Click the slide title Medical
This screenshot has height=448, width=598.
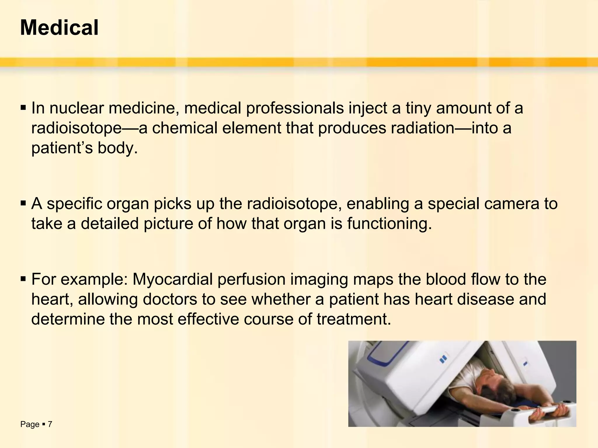[x=59, y=28]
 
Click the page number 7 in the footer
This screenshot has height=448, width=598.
[x=50, y=424]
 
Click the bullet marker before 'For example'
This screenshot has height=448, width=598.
[x=23, y=279]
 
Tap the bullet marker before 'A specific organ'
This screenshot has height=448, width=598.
[x=23, y=204]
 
